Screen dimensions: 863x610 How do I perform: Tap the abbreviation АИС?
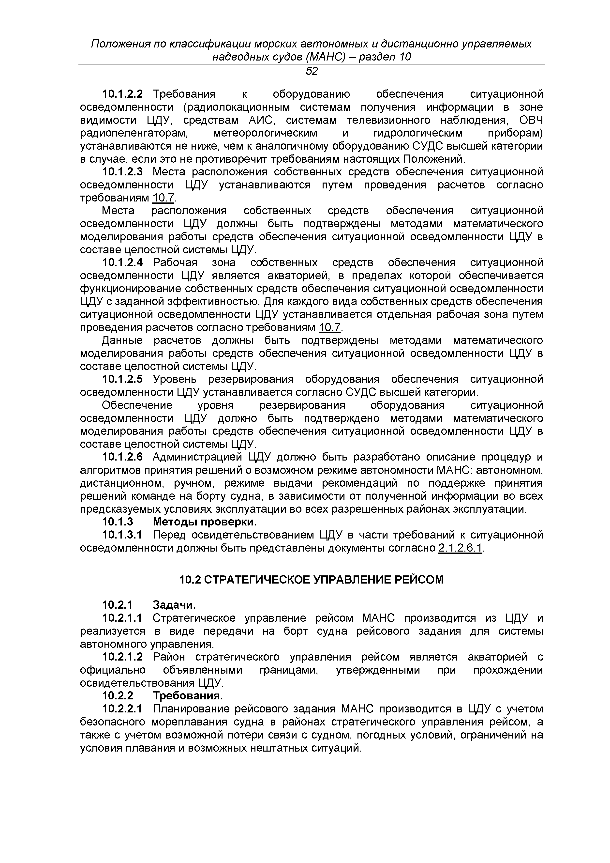tap(262, 120)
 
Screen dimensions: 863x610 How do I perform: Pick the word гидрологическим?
tap(418, 133)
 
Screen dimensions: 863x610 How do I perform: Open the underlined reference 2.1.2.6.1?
tap(460, 548)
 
